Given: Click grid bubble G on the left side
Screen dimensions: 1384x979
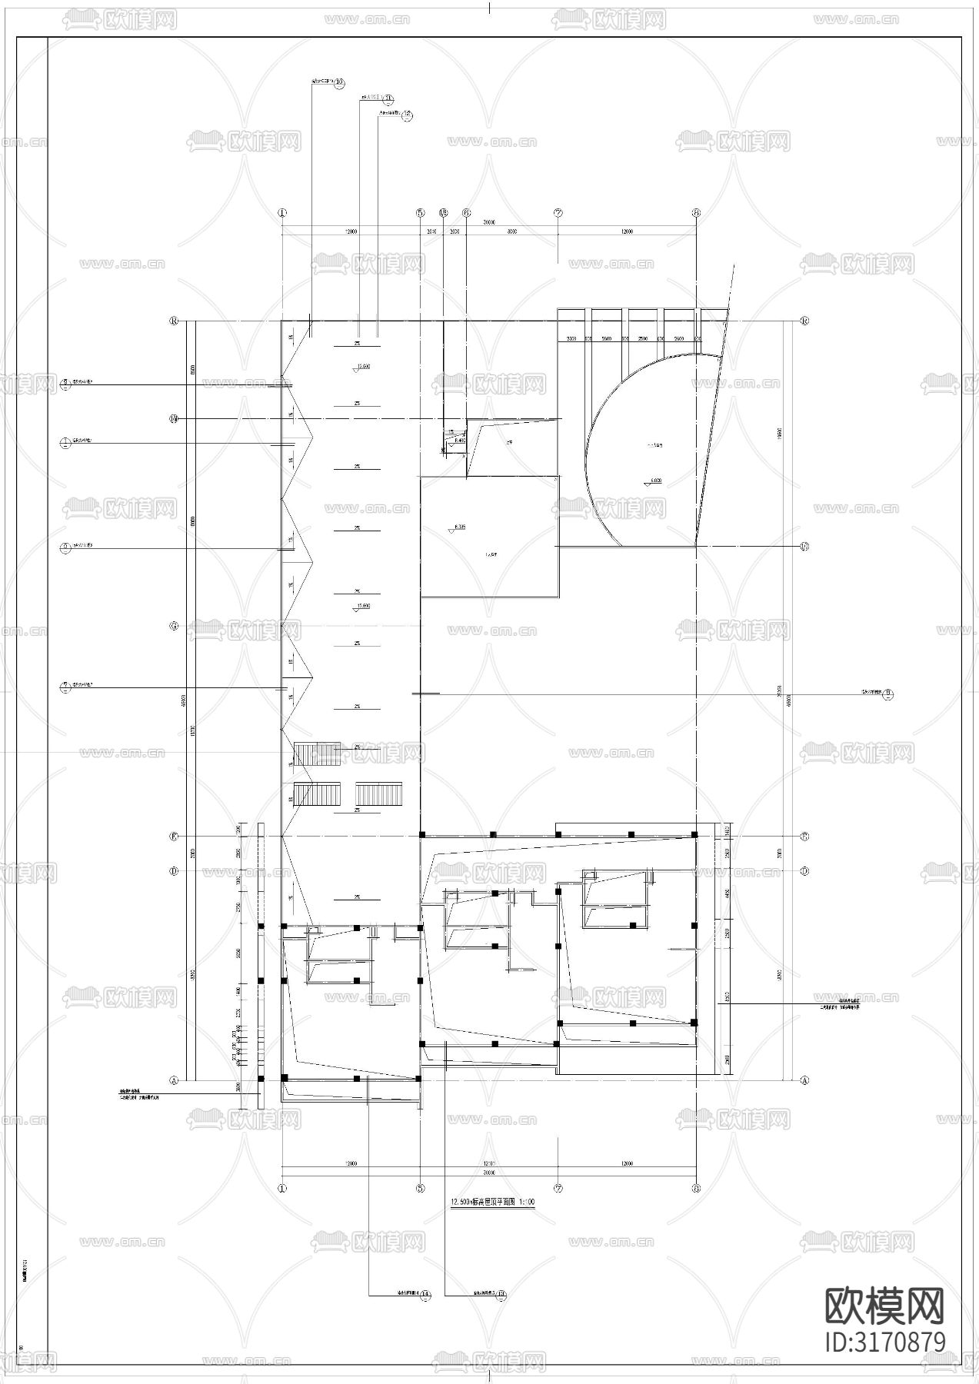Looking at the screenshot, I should coord(174,626).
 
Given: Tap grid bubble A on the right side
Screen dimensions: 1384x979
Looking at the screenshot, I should coord(805,1080).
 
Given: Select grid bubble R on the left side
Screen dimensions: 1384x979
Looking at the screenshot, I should coord(174,321).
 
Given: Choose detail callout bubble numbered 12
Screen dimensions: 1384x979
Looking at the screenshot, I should coord(408,115).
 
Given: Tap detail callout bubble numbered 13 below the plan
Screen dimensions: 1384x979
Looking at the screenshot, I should coord(426,1296).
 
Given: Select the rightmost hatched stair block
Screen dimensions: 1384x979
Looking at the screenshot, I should coord(378,794).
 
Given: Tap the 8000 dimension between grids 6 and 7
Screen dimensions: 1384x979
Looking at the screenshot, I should coord(511,231).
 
